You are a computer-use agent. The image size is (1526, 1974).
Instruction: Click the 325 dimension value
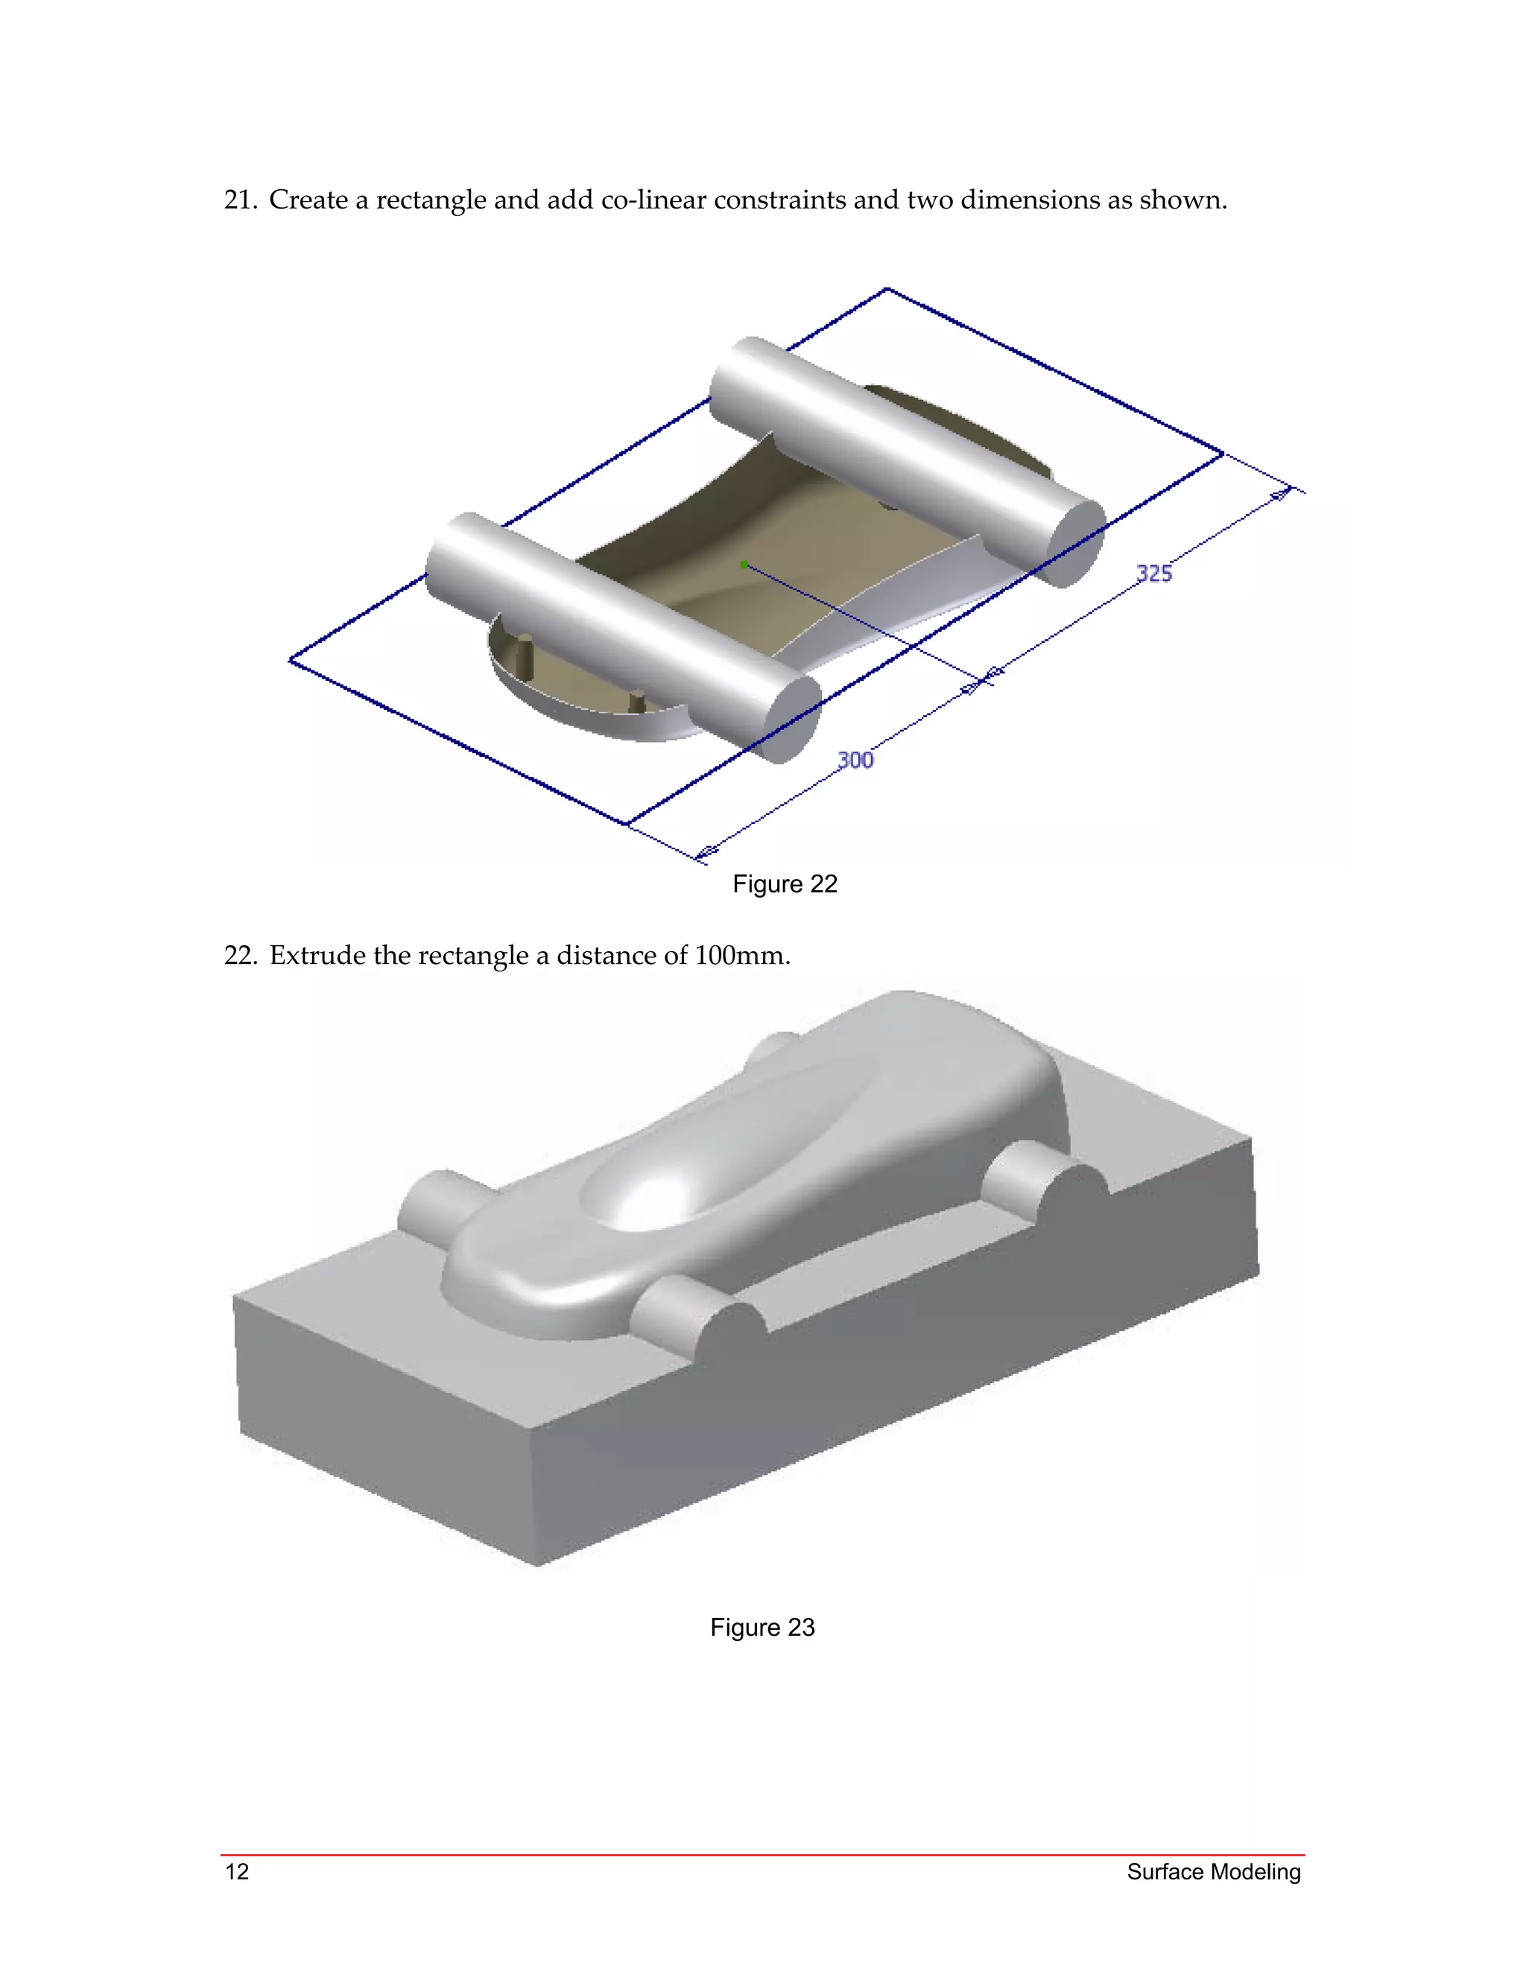(1153, 573)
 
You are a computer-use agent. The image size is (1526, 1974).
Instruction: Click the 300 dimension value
(855, 759)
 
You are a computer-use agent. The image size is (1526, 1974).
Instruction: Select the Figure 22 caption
(785, 884)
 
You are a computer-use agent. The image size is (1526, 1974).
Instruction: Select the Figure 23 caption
(762, 1627)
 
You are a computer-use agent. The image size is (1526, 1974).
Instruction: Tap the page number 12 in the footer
(237, 1871)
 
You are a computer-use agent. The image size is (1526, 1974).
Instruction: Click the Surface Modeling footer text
(1213, 1871)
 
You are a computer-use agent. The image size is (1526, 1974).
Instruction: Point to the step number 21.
(240, 200)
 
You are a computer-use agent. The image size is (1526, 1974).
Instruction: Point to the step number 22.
(240, 956)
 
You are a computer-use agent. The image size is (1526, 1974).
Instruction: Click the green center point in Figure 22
(743, 565)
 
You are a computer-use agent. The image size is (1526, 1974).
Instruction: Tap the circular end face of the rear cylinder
(1076, 542)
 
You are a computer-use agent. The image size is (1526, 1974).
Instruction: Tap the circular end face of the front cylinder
(793, 719)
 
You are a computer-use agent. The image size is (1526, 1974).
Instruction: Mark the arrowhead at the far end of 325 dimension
(1280, 495)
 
